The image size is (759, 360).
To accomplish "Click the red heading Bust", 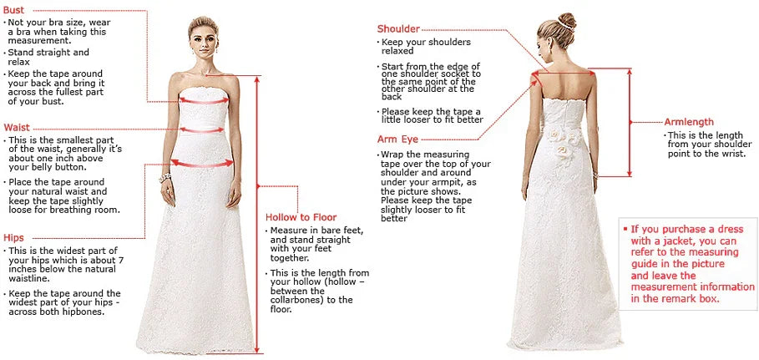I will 13,9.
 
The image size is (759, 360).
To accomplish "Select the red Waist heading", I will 17,127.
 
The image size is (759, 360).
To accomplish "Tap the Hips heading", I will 14,237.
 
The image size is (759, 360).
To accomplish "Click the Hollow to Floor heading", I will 301,217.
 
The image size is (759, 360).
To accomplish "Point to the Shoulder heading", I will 398,29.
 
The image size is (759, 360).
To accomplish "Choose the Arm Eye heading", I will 397,139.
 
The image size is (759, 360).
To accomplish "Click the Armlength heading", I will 689,122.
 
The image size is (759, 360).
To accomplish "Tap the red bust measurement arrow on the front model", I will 203,99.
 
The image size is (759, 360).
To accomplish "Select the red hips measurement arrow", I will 201,164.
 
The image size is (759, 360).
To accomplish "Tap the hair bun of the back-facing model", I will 567,19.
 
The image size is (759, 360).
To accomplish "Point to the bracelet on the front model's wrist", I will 164,177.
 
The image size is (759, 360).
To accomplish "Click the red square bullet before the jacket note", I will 624,228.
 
